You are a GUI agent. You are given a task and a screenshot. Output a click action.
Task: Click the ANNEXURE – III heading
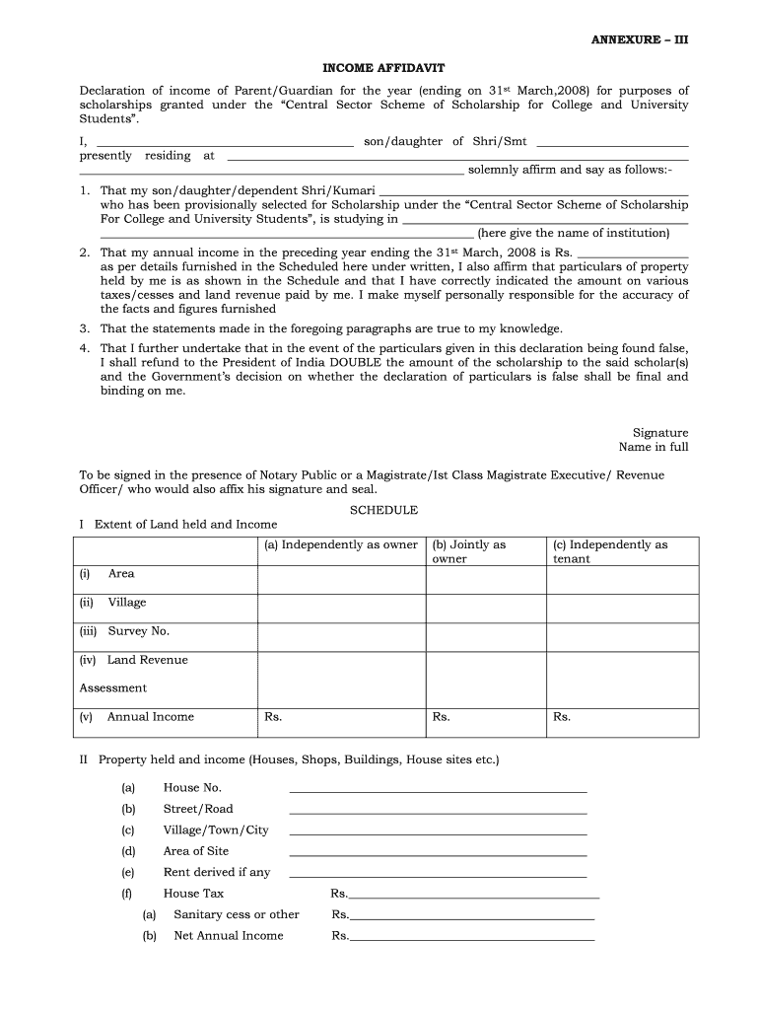(x=639, y=39)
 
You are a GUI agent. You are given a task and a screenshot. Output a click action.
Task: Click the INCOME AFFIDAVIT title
(x=384, y=68)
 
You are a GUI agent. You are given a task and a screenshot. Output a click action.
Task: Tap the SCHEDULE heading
(x=384, y=510)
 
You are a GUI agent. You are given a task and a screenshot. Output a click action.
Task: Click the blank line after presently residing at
(x=457, y=157)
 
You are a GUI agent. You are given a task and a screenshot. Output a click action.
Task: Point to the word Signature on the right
(x=660, y=433)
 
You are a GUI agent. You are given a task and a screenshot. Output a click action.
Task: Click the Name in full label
(x=654, y=447)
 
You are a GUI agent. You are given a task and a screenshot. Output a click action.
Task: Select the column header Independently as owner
(x=341, y=544)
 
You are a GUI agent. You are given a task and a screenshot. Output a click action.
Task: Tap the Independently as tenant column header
(x=610, y=551)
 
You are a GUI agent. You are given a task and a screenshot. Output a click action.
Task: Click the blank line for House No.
(x=438, y=789)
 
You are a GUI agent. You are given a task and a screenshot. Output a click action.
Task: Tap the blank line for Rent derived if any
(x=438, y=874)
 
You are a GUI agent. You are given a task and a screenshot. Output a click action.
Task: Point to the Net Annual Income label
(x=228, y=936)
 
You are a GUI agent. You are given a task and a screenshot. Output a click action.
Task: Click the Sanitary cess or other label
(x=236, y=914)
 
